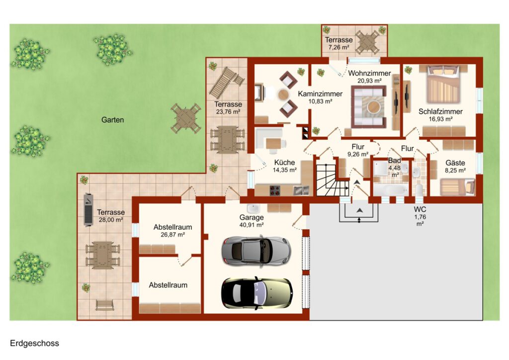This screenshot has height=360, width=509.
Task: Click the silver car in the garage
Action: coord(256,251)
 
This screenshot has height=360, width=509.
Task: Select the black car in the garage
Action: coord(256,293)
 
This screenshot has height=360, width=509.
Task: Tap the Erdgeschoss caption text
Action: coord(34,344)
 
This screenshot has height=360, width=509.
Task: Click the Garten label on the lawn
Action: coord(113,120)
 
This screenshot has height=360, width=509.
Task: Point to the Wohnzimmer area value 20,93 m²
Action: coord(369,81)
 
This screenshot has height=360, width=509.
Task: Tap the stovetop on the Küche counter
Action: coord(275,190)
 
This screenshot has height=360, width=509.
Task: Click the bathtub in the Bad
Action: coord(391,189)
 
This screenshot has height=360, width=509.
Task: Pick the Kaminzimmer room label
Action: coord(320,94)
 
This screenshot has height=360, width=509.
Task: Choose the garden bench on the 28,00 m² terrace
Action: coord(104,305)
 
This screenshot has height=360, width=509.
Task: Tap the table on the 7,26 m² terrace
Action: coord(367,42)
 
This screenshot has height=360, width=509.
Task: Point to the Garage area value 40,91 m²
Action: coord(251,225)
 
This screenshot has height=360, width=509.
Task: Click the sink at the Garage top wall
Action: coord(252,208)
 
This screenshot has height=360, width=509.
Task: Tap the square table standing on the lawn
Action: coord(186,118)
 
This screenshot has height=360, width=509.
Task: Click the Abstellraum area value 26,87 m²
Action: coord(172,234)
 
